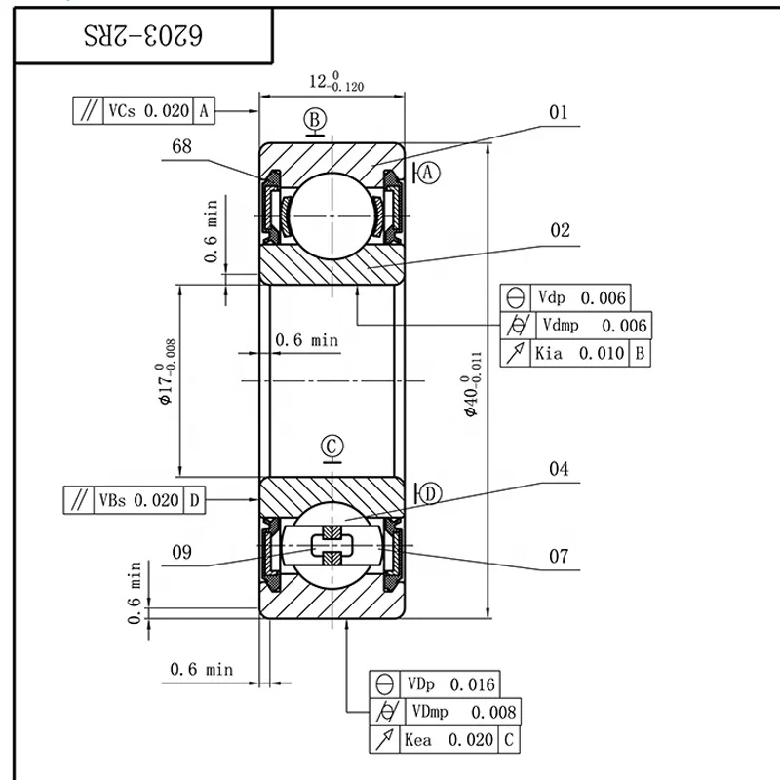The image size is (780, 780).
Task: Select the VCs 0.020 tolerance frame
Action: (143, 111)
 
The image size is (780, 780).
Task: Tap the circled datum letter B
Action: (314, 119)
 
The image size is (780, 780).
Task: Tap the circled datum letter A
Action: (431, 173)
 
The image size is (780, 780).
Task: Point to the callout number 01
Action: (558, 113)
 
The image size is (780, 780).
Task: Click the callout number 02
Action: (560, 231)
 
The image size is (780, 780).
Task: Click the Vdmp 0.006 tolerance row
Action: (575, 326)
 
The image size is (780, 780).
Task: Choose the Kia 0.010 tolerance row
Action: (575, 353)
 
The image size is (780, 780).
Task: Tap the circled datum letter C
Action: (331, 446)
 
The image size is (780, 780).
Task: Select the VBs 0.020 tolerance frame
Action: (135, 501)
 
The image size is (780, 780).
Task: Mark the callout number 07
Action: (558, 557)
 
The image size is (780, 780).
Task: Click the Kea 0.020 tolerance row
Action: (444, 739)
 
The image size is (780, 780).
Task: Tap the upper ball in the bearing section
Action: (331, 214)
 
